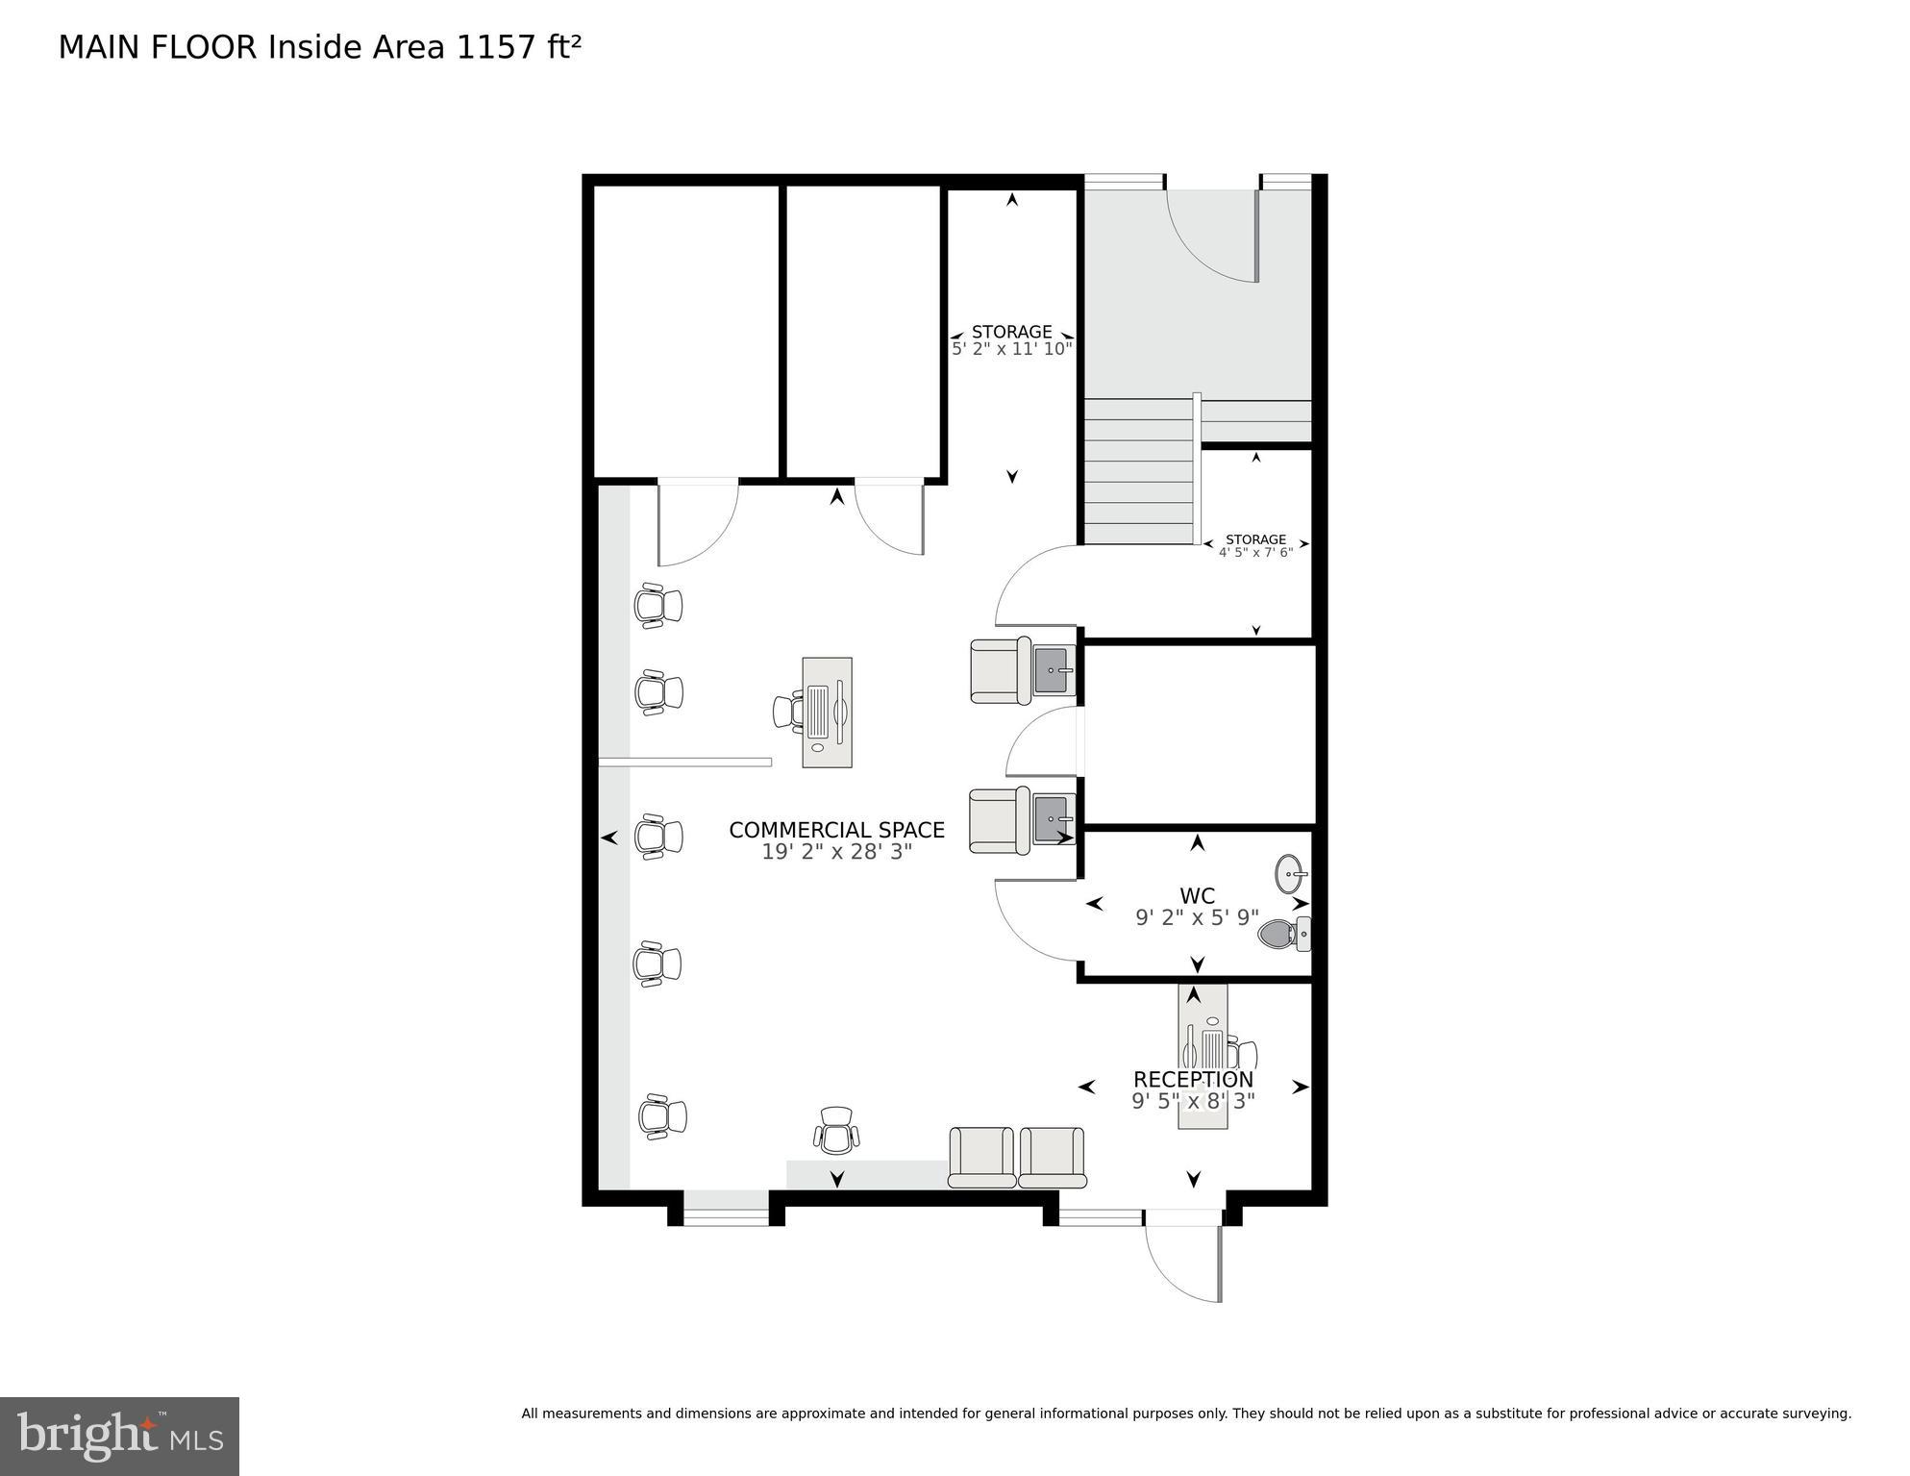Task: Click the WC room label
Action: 1197,896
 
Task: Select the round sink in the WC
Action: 1291,874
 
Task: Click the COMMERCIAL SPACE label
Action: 836,830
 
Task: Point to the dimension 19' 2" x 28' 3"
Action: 836,852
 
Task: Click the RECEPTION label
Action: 1193,1079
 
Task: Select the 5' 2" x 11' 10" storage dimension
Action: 1011,349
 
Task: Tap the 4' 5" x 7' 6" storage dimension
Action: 1255,553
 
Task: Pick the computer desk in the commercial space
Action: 827,713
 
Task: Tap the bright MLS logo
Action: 119,1436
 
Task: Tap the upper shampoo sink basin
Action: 1054,669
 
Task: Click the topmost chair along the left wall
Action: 658,605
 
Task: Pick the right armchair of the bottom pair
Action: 1052,1157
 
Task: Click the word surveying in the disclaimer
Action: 1816,1413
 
